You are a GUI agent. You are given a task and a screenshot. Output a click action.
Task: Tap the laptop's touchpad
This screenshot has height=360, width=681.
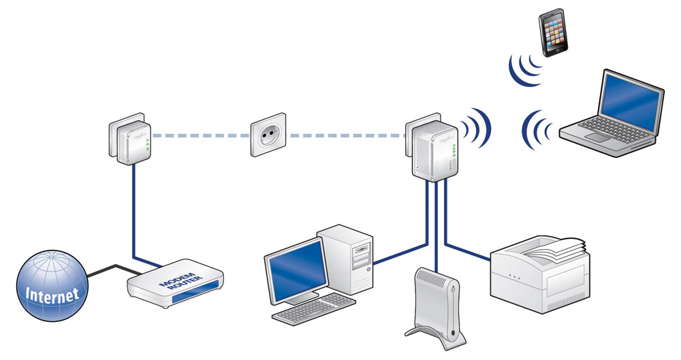pyautogui.click(x=599, y=138)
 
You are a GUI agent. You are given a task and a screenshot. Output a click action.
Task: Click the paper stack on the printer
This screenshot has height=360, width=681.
pyautogui.click(x=558, y=248)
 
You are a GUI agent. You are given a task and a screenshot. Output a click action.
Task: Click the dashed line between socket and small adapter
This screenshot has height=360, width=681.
pyautogui.click(x=197, y=135)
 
